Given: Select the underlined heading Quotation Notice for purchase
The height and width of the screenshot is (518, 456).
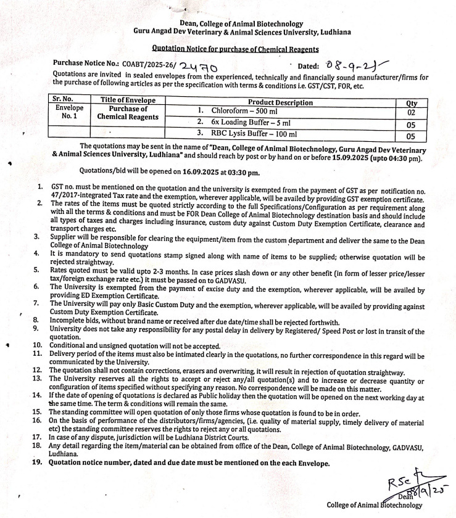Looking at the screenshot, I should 235,49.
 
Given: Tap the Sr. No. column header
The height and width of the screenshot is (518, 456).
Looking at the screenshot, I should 65,100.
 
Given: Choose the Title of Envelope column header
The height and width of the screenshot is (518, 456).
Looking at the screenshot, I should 128,100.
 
